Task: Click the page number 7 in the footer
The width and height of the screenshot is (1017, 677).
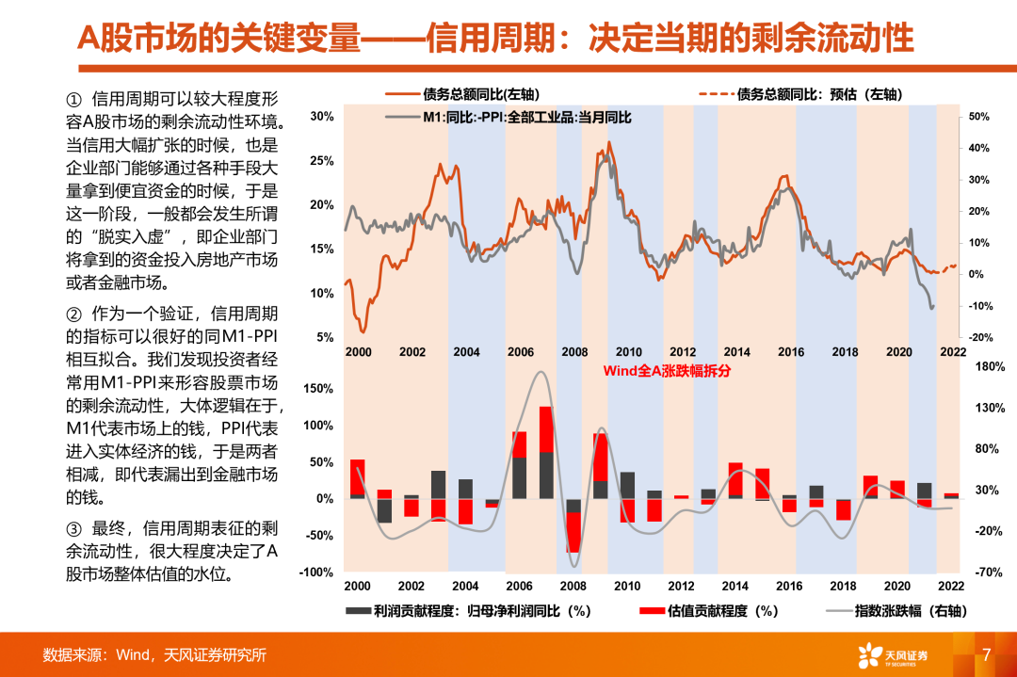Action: pos(986,653)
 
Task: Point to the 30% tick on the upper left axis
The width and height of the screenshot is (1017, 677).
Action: pos(322,117)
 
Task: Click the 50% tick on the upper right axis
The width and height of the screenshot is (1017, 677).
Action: pos(978,117)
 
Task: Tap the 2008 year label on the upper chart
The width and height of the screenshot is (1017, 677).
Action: pos(574,351)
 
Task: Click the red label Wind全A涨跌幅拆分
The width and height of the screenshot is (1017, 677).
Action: pos(667,370)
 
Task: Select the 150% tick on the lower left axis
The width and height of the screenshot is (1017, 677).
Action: pos(318,388)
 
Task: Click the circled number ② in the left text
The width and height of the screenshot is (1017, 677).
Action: pos(73,314)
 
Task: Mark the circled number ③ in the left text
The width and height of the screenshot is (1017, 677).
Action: pos(73,529)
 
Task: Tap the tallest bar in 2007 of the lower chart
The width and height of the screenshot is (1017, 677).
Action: pos(546,452)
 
